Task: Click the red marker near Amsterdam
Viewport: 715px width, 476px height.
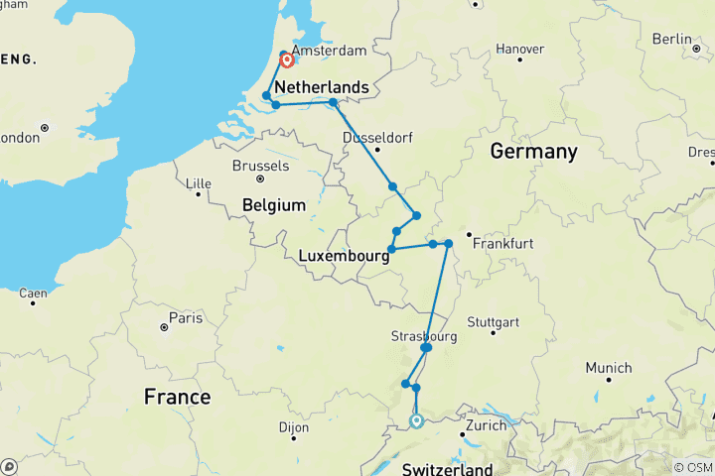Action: pyautogui.click(x=287, y=60)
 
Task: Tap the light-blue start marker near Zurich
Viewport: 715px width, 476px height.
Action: pyautogui.click(x=417, y=420)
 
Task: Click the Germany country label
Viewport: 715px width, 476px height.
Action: pyautogui.click(x=533, y=152)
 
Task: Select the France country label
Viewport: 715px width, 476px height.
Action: pyautogui.click(x=177, y=397)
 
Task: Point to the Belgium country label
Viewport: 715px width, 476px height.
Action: pyautogui.click(x=273, y=205)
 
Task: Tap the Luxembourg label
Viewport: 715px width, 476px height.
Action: pyautogui.click(x=342, y=257)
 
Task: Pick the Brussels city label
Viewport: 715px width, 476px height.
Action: pyautogui.click(x=259, y=166)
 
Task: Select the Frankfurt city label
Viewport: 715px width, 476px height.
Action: pyautogui.click(x=503, y=243)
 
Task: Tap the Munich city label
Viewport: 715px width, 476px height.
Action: pyautogui.click(x=608, y=368)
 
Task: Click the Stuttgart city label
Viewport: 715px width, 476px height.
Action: pyautogui.click(x=494, y=322)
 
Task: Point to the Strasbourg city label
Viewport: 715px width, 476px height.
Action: pyautogui.click(x=425, y=337)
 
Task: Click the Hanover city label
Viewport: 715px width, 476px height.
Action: pyautogui.click(x=519, y=49)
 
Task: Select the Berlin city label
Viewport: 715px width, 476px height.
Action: pyautogui.click(x=671, y=39)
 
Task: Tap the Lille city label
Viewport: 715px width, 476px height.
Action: pyautogui.click(x=200, y=182)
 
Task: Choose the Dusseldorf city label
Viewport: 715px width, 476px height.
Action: pyautogui.click(x=377, y=137)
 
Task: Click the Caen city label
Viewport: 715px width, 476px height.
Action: pyautogui.click(x=33, y=293)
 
